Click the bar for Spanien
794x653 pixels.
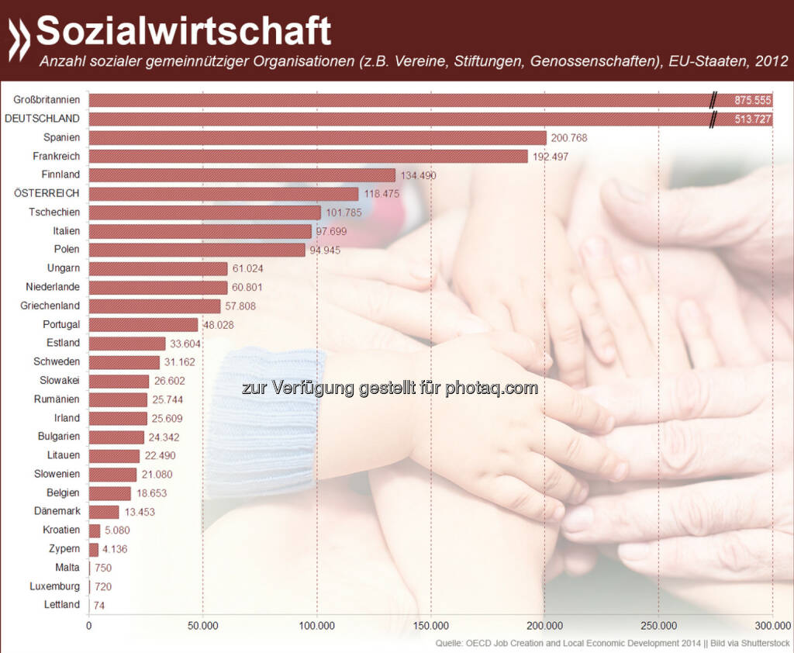tap(318, 138)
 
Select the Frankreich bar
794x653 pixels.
tap(309, 157)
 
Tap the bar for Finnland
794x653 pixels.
tap(242, 175)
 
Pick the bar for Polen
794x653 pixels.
tap(197, 250)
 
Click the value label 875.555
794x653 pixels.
tap(753, 101)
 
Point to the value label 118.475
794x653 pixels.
tap(380, 194)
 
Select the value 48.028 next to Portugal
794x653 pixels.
tap(219, 325)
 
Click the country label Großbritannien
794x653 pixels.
tap(47, 100)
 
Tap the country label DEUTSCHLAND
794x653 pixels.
tap(43, 119)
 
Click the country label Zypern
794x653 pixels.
tap(62, 548)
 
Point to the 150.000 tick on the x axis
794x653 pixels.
tap(431, 626)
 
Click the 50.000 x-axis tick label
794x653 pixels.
tap(202, 626)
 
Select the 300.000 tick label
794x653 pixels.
tap(772, 626)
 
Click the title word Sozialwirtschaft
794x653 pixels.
tap(184, 32)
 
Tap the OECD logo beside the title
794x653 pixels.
tap(19, 40)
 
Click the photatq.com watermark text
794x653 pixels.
tap(389, 389)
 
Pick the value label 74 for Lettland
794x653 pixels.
tap(100, 605)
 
